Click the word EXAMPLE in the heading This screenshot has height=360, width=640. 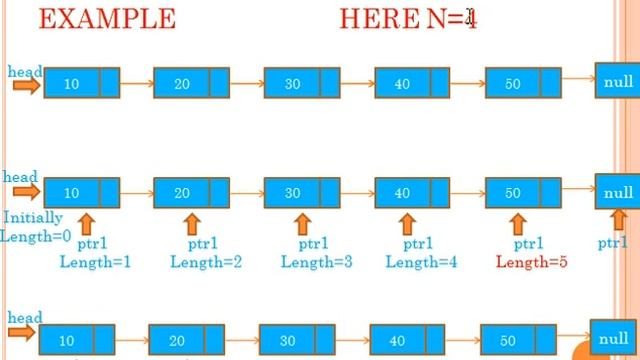(x=107, y=19)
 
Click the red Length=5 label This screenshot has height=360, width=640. (x=531, y=262)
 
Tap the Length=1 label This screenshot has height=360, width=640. (x=95, y=262)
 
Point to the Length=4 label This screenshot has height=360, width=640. (x=421, y=262)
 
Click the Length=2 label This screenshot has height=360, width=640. (x=205, y=262)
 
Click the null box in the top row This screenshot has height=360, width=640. (x=618, y=81)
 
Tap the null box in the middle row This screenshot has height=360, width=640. (x=618, y=191)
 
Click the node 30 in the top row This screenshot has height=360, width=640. (x=291, y=84)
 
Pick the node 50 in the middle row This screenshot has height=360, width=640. (x=512, y=193)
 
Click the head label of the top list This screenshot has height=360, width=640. (x=25, y=72)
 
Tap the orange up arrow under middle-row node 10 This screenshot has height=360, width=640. (x=84, y=223)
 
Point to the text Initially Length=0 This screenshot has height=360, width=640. (x=35, y=227)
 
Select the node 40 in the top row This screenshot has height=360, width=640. (x=402, y=84)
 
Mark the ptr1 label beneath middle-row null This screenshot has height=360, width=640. (x=613, y=242)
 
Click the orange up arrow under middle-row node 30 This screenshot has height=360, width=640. (x=303, y=223)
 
